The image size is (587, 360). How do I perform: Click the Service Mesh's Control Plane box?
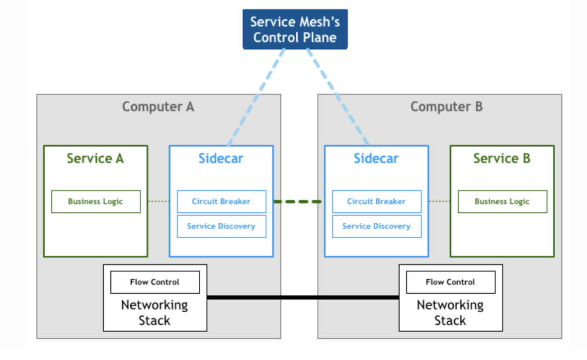(x=295, y=29)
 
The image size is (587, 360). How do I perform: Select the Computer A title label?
(x=158, y=107)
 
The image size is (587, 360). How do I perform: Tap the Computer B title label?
(x=446, y=107)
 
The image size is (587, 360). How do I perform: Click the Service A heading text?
(x=95, y=159)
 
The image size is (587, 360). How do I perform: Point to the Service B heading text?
(x=502, y=159)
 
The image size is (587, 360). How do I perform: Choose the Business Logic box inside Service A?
(x=96, y=201)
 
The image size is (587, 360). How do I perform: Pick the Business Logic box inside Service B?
(x=503, y=201)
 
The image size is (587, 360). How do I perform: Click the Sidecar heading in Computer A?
(x=221, y=159)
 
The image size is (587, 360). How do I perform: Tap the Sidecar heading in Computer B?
(x=376, y=159)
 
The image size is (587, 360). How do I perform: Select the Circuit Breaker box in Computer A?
(x=222, y=201)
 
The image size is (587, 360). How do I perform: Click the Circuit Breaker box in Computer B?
(x=377, y=201)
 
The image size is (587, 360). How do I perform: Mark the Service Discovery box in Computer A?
(x=222, y=226)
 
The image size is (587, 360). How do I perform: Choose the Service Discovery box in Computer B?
(x=377, y=226)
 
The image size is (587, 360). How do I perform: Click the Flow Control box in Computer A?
(x=155, y=282)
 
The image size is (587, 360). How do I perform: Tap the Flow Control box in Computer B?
(x=451, y=282)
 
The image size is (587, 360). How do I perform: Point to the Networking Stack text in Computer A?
(x=155, y=313)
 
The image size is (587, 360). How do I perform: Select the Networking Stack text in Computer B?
(x=450, y=313)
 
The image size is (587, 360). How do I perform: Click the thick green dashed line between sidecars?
(x=298, y=201)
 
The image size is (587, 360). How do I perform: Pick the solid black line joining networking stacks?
(x=303, y=297)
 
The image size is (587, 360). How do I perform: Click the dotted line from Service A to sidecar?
(x=159, y=201)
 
